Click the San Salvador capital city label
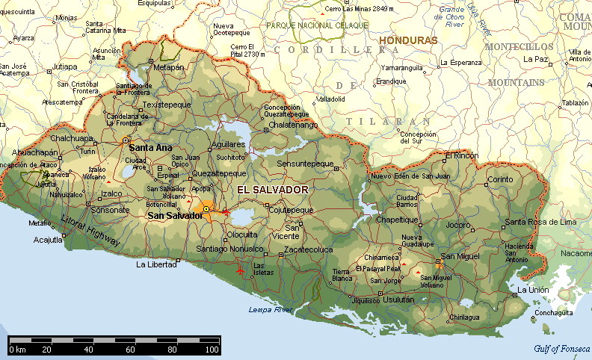tap(175, 216)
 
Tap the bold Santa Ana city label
tap(150, 148)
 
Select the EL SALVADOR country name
tap(273, 190)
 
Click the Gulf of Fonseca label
tap(562, 349)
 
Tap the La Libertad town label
tap(155, 265)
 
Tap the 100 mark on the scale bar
tap(212, 350)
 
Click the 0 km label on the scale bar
tap(18, 350)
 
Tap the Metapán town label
tap(168, 67)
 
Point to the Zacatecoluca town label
tap(307, 249)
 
